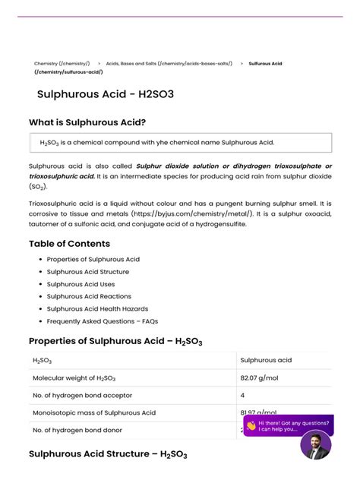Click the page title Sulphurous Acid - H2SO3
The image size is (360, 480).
coord(105,95)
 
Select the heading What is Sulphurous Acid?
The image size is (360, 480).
coord(87,122)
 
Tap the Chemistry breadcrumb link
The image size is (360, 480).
coord(62,64)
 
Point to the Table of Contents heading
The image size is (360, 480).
coord(69,244)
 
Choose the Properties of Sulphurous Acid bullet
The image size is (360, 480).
coord(93,260)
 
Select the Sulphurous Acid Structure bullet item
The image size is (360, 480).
coord(87,272)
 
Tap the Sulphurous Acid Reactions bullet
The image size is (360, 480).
coord(89,296)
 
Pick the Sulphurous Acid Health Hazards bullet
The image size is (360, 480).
coord(97,309)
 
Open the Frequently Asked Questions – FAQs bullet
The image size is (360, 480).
coord(102,321)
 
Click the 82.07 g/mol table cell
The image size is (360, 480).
coord(257,377)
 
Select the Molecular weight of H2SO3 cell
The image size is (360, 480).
coord(75,377)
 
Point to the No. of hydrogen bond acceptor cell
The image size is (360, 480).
coord(82,395)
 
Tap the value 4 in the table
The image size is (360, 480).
coord(242,395)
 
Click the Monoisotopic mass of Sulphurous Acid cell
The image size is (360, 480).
coord(93,412)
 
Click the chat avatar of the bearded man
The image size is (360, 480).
coord(315,444)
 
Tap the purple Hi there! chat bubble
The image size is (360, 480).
coord(288,425)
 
